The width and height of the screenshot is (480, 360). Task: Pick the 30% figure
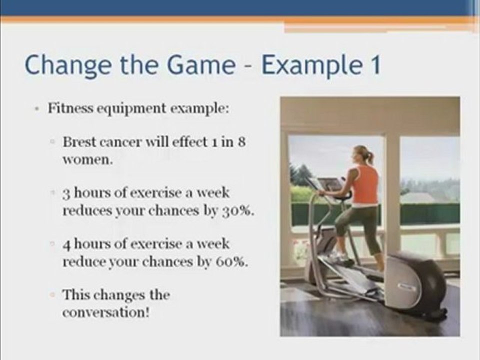tap(237, 210)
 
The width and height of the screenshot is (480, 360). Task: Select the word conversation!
tap(106, 313)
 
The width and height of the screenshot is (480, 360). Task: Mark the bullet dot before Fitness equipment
tap(38, 109)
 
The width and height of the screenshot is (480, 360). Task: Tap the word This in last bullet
tap(77, 295)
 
